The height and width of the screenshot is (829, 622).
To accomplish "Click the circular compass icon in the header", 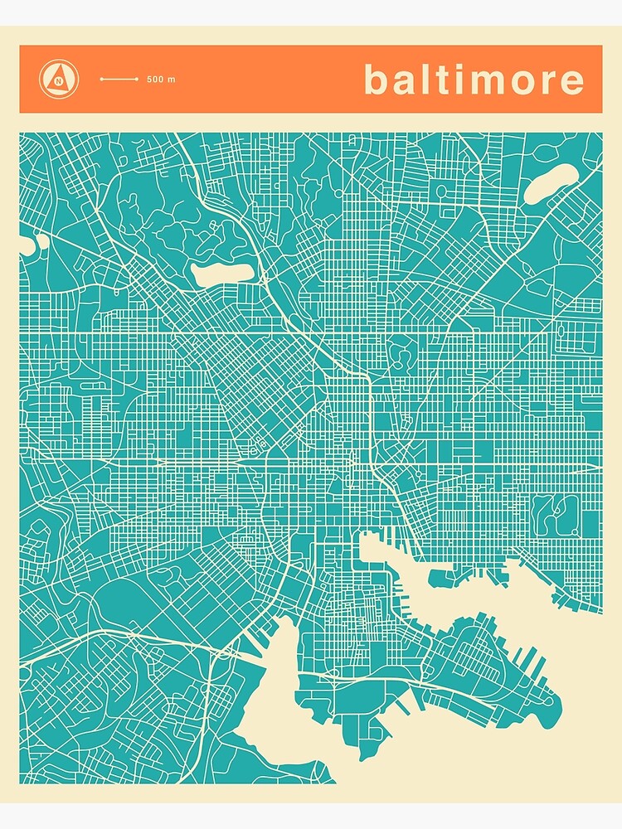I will [59, 79].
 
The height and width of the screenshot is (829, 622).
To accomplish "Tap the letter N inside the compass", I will [59, 80].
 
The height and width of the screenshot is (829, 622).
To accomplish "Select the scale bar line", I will [119, 80].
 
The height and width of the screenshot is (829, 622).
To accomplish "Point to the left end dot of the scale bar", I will [101, 80].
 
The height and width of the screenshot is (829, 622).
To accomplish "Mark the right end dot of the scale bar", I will [138, 80].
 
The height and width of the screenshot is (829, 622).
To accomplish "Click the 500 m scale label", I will [161, 80].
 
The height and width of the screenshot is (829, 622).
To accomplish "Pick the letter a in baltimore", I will [404, 82].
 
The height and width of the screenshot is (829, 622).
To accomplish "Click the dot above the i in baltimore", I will [455, 67].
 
